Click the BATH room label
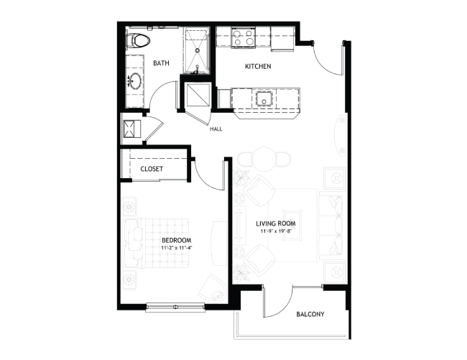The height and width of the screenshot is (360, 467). click(161, 63)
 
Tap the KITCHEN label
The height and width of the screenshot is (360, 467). click(258, 66)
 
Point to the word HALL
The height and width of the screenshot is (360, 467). click(216, 129)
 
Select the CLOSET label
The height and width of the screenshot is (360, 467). click(152, 169)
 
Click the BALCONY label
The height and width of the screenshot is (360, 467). click(310, 314)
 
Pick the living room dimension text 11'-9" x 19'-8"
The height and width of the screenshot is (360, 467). click(275, 231)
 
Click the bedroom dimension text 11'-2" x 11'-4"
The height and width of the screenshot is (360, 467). click(176, 247)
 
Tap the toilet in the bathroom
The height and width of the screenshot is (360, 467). click(137, 40)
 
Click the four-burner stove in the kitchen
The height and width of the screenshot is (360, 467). click(244, 37)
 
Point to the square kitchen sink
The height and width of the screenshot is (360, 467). click(264, 98)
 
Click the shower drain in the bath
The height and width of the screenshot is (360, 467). click(198, 50)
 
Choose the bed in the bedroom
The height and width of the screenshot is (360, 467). click(157, 243)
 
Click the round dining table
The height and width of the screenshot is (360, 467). click(264, 160)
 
